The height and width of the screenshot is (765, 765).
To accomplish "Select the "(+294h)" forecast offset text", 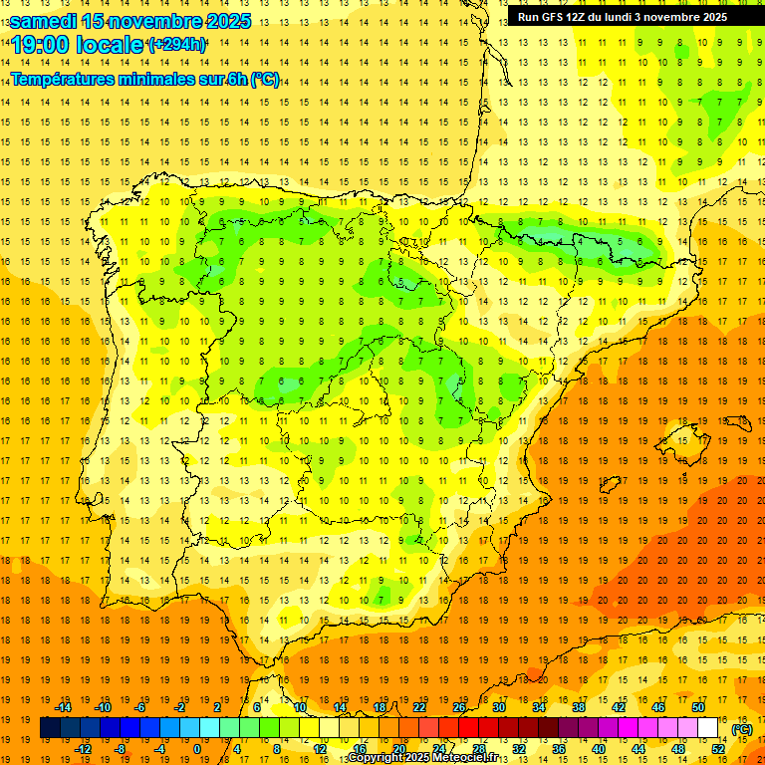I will tap(176, 45).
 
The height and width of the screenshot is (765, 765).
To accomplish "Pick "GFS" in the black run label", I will tap(555, 17).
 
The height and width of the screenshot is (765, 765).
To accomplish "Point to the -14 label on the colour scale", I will tap(64, 707).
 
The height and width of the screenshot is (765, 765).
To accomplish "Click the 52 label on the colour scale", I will tap(718, 749).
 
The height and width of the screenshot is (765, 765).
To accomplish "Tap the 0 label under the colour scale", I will tap(197, 749).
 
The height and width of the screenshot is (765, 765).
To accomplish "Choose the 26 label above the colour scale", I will tap(459, 707).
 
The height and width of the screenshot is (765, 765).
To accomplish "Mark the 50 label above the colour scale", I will tap(698, 707).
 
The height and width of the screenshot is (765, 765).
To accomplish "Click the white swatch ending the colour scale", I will tap(708, 728).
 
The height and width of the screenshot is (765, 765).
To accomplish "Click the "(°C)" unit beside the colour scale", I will tap(742, 729).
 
